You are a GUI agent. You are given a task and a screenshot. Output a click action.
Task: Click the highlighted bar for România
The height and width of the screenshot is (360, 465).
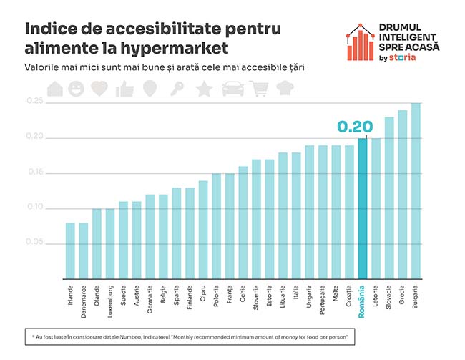point(363,208)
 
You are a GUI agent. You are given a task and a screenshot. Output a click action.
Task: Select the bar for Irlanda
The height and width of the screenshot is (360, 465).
point(70,250)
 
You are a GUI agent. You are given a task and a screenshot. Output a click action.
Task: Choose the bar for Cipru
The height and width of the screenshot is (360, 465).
point(203,229)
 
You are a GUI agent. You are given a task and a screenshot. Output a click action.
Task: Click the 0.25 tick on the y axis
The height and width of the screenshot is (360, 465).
point(35,102)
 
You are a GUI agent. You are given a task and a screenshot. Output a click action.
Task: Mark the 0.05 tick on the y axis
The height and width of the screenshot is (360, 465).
point(35,243)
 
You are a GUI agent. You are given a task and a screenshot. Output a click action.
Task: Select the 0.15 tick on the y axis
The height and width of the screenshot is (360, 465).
point(35,172)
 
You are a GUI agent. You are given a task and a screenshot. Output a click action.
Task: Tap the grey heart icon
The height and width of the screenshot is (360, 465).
point(99,89)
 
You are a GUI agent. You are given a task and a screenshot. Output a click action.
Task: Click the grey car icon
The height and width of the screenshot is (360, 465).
point(232,89)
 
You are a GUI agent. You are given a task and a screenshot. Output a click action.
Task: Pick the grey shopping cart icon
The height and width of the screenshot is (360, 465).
point(259,89)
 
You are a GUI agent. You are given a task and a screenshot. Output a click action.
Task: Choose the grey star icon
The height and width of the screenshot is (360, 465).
point(204,89)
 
